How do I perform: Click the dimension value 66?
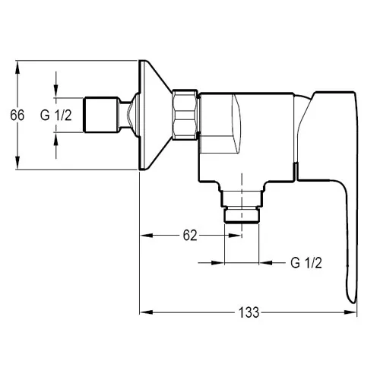pyautogui.click(x=17, y=116)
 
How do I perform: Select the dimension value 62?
pyautogui.click(x=190, y=236)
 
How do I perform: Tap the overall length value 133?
pyautogui.click(x=249, y=312)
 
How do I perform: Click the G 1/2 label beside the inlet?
pyautogui.click(x=56, y=116)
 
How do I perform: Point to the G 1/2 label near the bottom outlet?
pyautogui.click(x=306, y=263)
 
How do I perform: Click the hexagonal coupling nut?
pyautogui.click(x=185, y=115)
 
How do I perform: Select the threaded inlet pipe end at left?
pyautogui.click(x=101, y=115)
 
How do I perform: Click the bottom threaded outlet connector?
pyautogui.click(x=242, y=207)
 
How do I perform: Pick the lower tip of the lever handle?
pyautogui.click(x=353, y=302)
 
